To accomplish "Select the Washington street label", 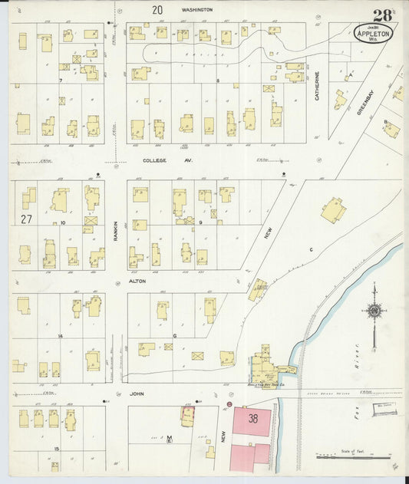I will [196, 10].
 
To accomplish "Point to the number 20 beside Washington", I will [157, 10].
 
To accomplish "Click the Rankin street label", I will [116, 228].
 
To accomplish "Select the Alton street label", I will [139, 282].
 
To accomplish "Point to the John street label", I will [138, 396].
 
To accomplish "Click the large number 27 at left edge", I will [26, 219].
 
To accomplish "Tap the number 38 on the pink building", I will [253, 419].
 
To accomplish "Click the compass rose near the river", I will [374, 311].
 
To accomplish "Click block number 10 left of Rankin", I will [64, 223].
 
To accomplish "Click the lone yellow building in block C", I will [333, 209].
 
